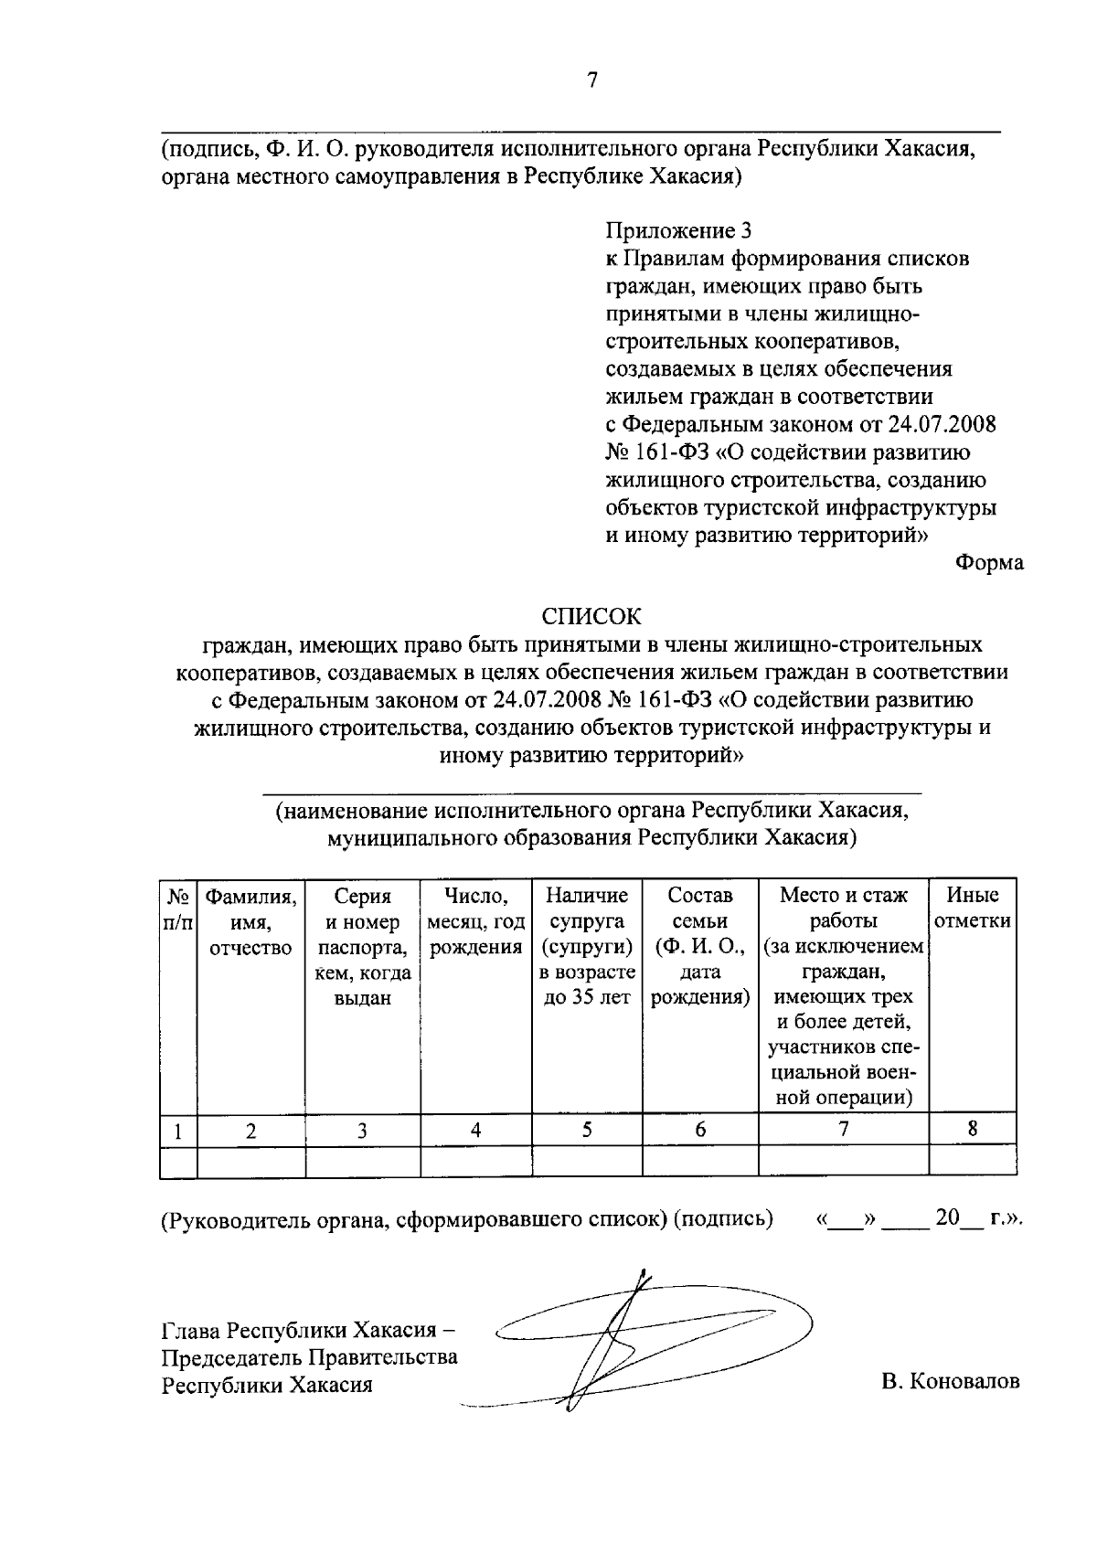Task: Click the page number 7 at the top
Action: [591, 80]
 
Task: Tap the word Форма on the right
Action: [989, 563]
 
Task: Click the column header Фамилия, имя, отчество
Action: [250, 922]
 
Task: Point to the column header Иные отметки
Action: [972, 909]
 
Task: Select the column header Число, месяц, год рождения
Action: [475, 922]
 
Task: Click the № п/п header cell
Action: [178, 909]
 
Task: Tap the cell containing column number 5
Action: [587, 1129]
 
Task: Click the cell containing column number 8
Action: [973, 1129]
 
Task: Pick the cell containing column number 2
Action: [250, 1130]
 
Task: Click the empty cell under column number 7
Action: [843, 1161]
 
